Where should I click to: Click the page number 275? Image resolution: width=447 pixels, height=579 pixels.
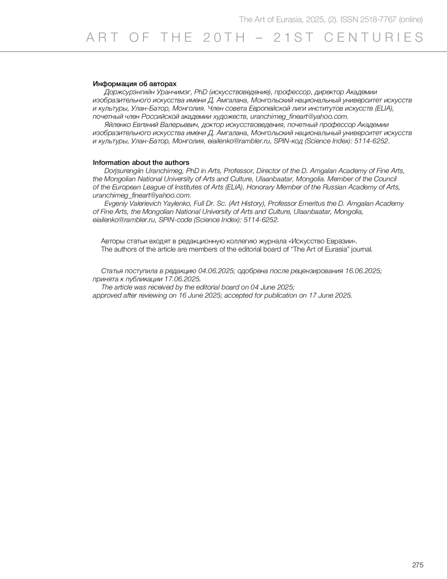tap(418, 565)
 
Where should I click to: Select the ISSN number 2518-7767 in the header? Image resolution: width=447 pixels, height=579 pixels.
tap(378, 20)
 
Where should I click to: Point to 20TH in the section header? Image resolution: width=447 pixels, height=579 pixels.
tap(225, 38)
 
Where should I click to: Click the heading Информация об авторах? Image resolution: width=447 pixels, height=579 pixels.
tap(134, 84)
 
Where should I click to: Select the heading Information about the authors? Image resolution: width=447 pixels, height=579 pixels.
tap(141, 162)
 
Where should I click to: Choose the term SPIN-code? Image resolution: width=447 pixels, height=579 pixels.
tap(173, 220)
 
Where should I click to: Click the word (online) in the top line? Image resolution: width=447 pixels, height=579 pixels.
tap(410, 20)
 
